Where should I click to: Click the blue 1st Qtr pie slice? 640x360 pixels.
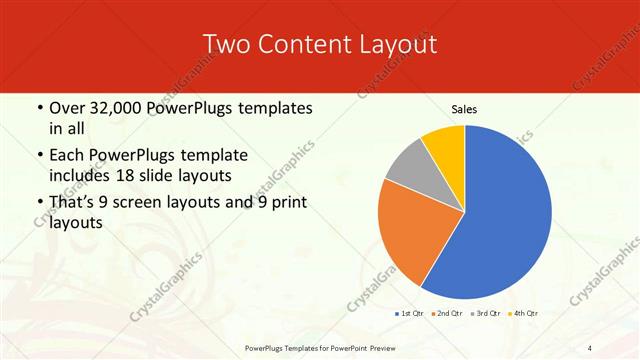point(500,215)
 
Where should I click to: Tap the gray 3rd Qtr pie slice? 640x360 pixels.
point(409,167)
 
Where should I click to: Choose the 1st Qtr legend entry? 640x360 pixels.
point(409,313)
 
